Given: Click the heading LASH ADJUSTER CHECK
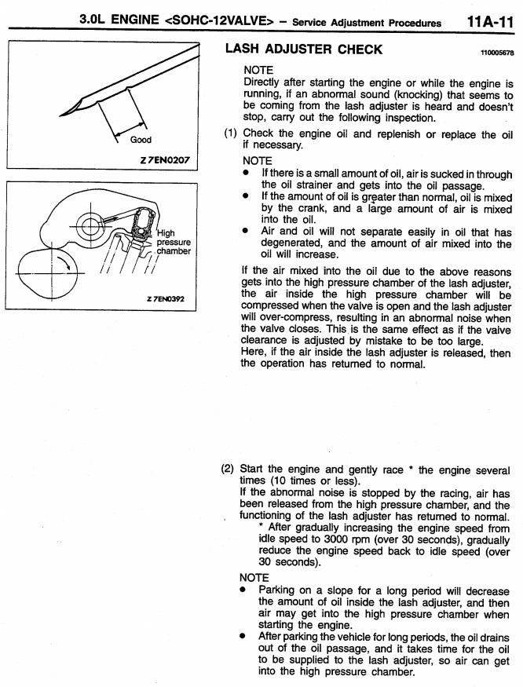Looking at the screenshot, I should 304,49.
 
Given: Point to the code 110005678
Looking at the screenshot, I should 496,53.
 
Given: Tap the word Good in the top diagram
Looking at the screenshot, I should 141,140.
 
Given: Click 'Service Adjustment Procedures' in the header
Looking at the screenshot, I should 366,24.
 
